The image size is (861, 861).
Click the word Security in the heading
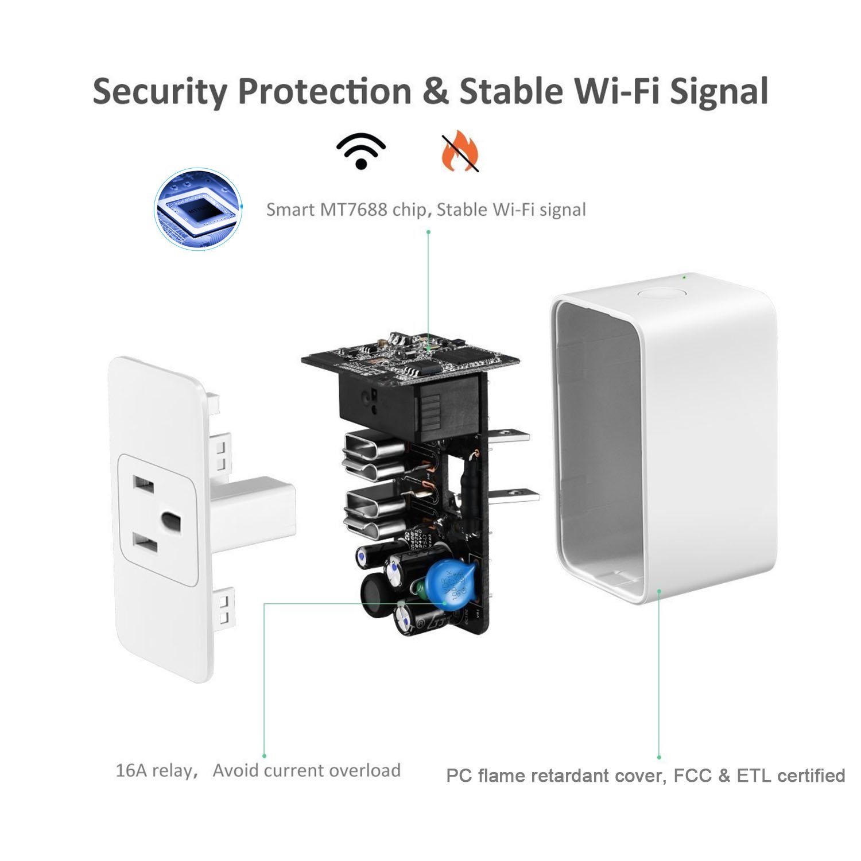159,92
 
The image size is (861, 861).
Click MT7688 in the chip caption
353,210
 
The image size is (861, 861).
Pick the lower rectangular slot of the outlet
145,543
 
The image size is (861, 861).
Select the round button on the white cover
662,293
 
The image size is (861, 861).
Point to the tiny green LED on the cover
684,278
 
